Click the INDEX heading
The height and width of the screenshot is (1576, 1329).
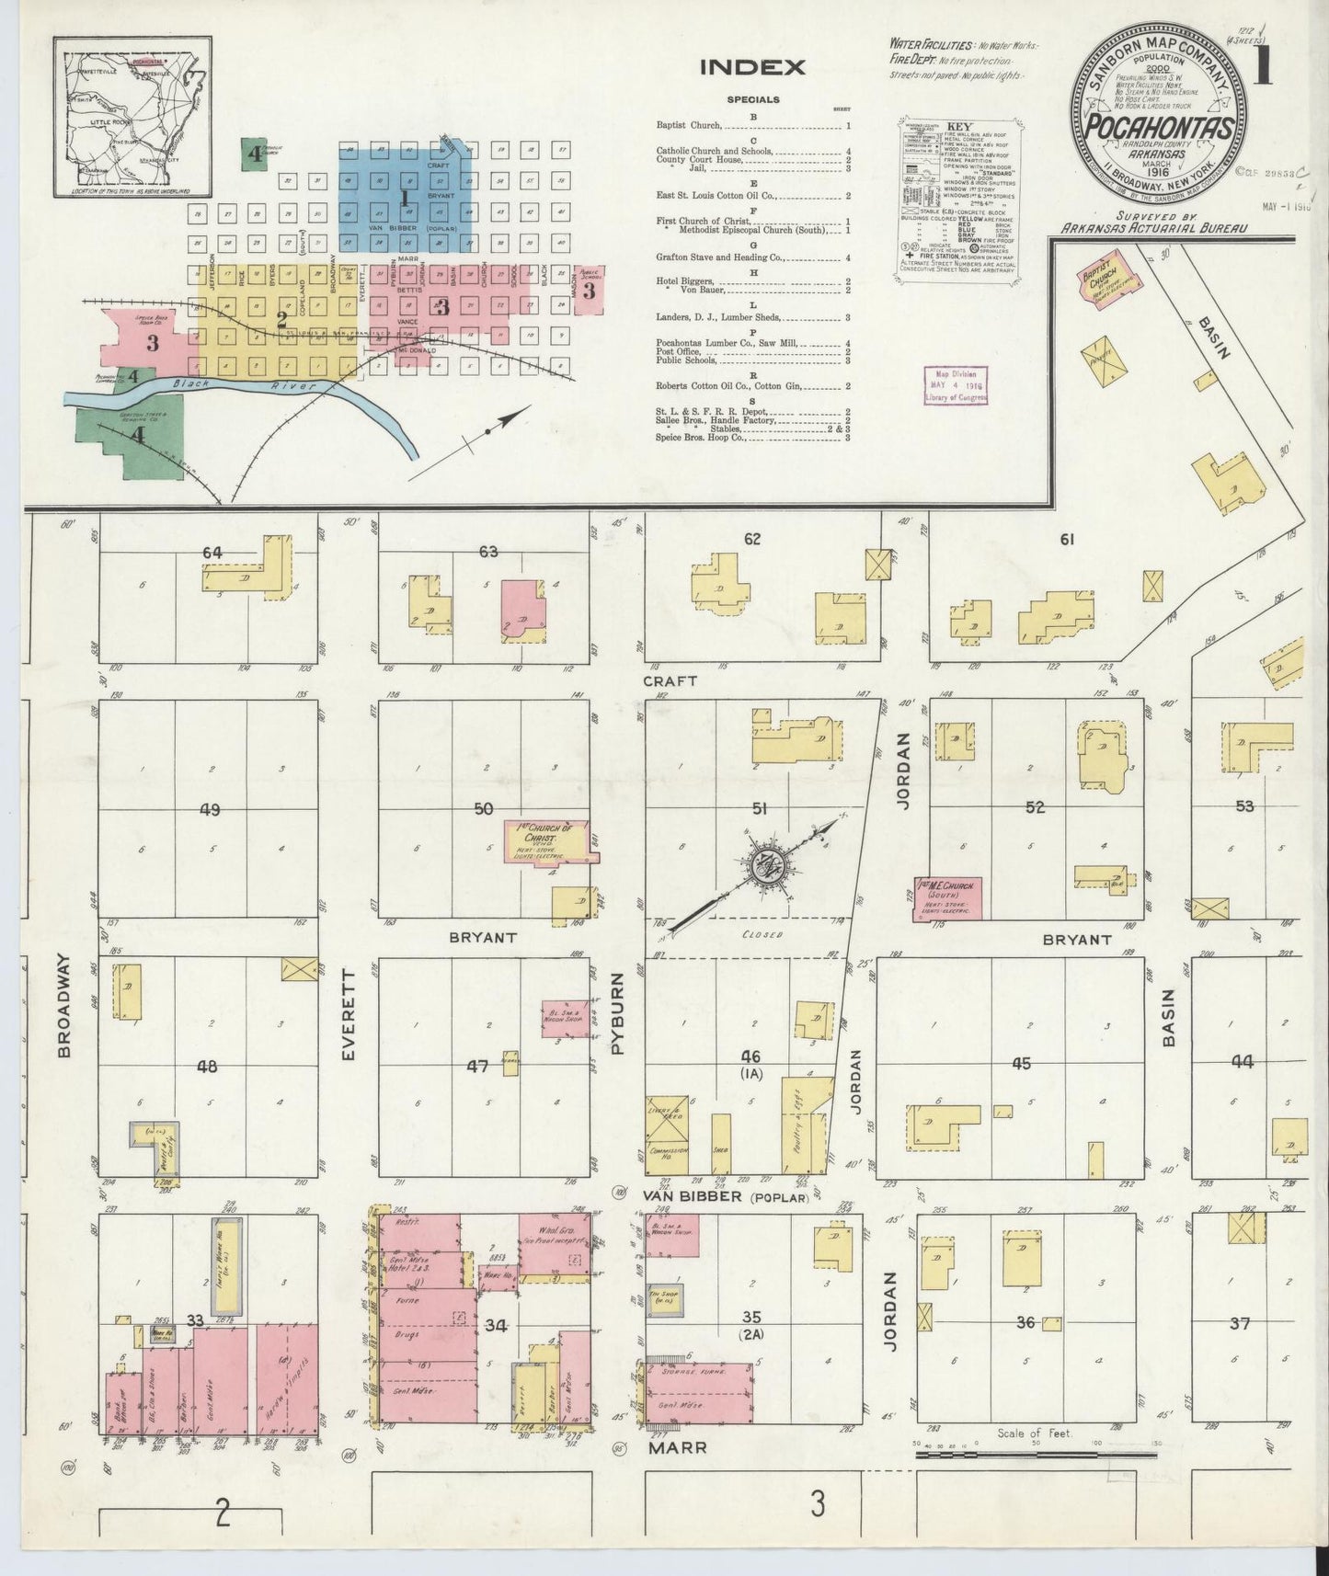[x=752, y=67]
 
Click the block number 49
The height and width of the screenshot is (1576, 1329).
[x=210, y=810]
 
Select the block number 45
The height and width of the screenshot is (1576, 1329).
[x=1021, y=1064]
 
